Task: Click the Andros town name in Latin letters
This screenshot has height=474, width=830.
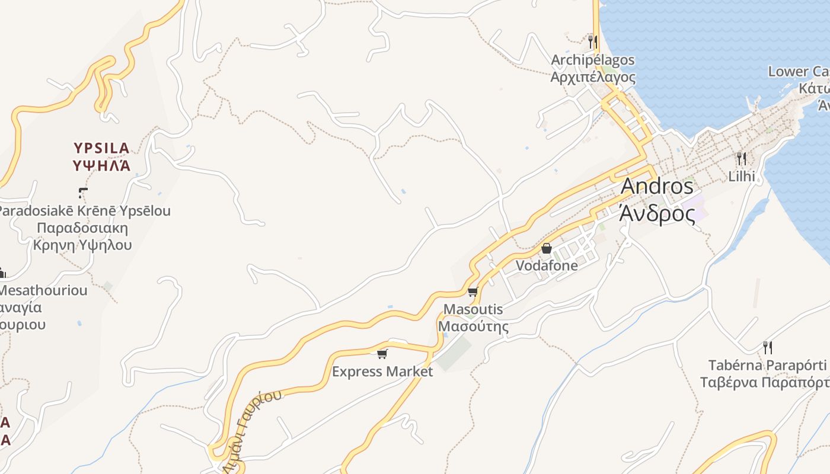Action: [x=657, y=186]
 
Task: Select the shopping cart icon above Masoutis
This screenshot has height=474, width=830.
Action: [x=473, y=292]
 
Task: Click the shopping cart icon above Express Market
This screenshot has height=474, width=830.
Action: [x=382, y=354]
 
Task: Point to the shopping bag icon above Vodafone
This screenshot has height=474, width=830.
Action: [x=547, y=248]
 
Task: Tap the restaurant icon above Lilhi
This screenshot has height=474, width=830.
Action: [x=741, y=159]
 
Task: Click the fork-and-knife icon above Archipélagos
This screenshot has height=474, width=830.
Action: [x=592, y=41]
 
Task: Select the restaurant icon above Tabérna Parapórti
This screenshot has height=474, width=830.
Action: [x=768, y=347]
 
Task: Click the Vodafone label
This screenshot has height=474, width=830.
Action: [x=547, y=265]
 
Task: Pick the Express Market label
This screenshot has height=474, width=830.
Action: [x=382, y=371]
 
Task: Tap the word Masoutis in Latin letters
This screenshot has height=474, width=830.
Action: [x=473, y=309]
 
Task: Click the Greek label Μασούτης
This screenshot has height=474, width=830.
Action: [x=473, y=326]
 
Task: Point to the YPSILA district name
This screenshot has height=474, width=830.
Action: [x=101, y=148]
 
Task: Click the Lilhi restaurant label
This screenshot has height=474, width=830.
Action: [x=742, y=176]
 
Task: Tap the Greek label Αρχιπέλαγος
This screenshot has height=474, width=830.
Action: [x=593, y=77]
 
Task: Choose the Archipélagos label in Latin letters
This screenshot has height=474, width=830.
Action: [x=593, y=60]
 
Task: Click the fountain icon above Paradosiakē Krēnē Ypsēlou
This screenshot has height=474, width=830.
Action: [x=83, y=193]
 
